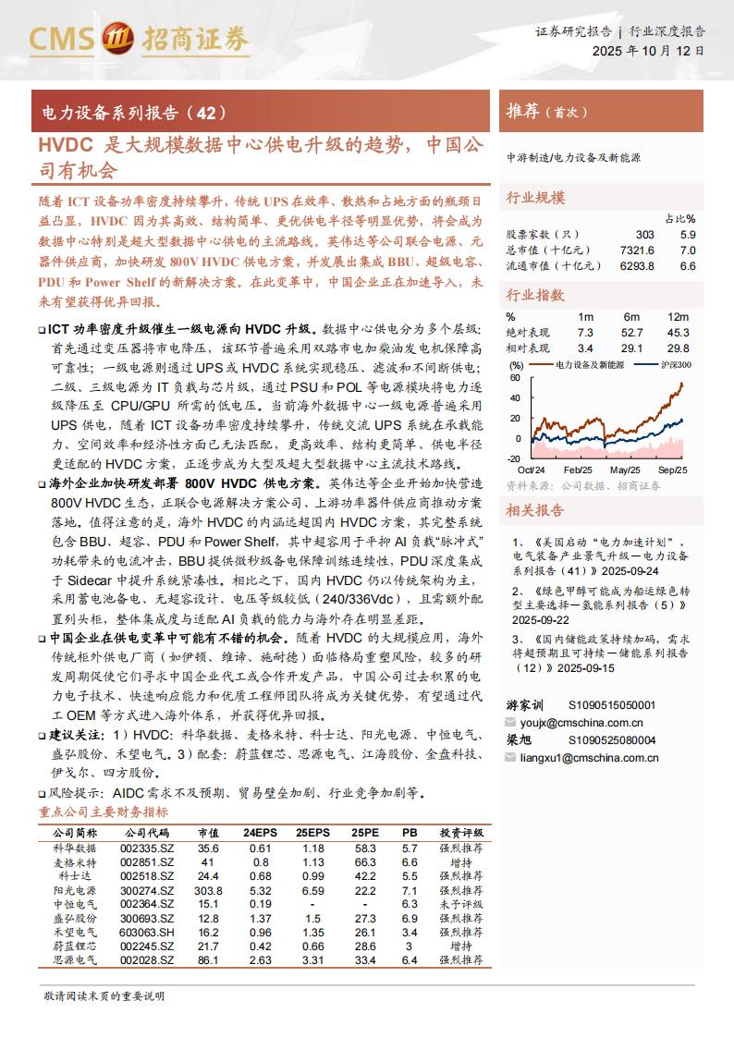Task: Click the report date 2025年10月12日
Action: pyautogui.click(x=647, y=52)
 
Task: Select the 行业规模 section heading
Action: pyautogui.click(x=535, y=198)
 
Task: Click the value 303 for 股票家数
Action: pyautogui.click(x=644, y=235)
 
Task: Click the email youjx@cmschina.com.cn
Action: pyautogui.click(x=581, y=723)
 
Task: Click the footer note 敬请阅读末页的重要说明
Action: pyautogui.click(x=104, y=995)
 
